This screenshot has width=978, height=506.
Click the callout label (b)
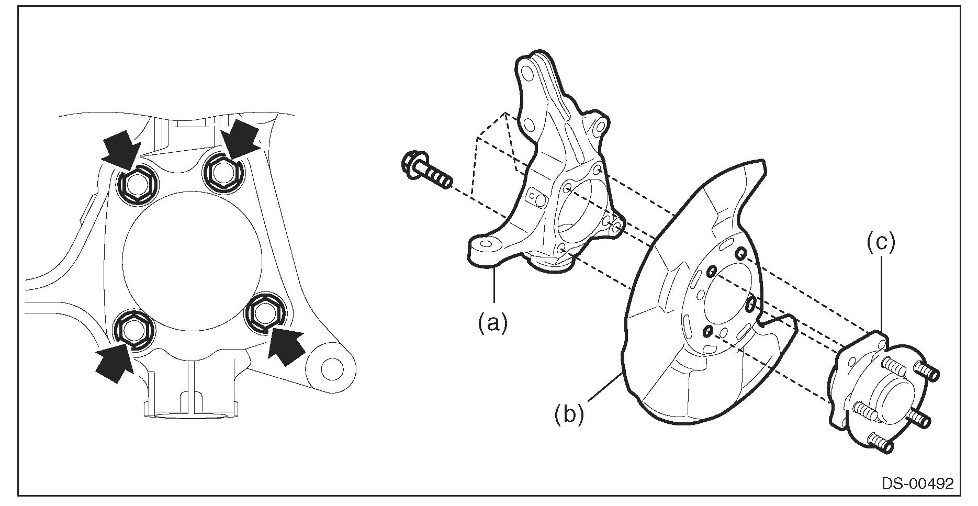(569, 414)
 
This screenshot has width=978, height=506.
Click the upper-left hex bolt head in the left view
(135, 186)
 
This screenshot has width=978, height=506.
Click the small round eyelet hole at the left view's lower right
(331, 369)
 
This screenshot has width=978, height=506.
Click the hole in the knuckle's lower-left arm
(486, 244)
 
